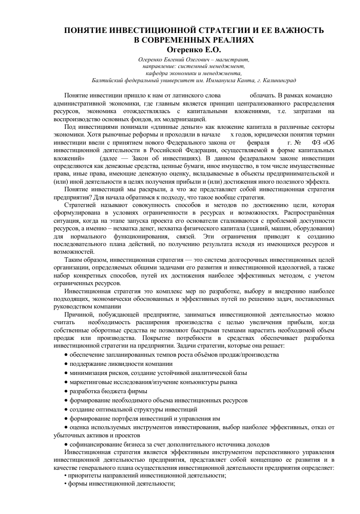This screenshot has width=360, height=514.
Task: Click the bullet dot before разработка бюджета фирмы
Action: [x=66, y=391]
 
